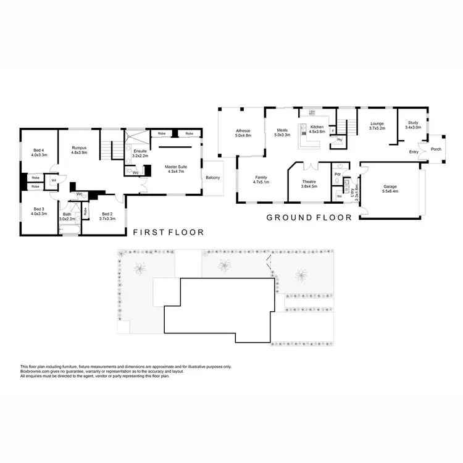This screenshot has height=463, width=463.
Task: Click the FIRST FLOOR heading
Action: click(x=169, y=233)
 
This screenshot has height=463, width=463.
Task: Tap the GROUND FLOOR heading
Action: click(x=309, y=217)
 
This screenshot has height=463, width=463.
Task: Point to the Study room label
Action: click(x=412, y=123)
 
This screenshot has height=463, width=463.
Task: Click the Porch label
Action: click(x=436, y=149)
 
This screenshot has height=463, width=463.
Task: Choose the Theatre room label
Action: click(x=309, y=182)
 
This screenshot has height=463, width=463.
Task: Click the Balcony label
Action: click(x=212, y=178)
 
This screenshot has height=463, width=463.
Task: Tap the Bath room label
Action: click(x=67, y=214)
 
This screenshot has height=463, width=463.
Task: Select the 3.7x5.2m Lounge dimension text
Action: click(x=377, y=128)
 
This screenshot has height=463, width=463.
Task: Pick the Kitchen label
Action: click(x=317, y=127)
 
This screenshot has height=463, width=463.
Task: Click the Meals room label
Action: click(x=282, y=130)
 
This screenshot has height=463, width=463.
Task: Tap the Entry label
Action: click(x=414, y=152)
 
